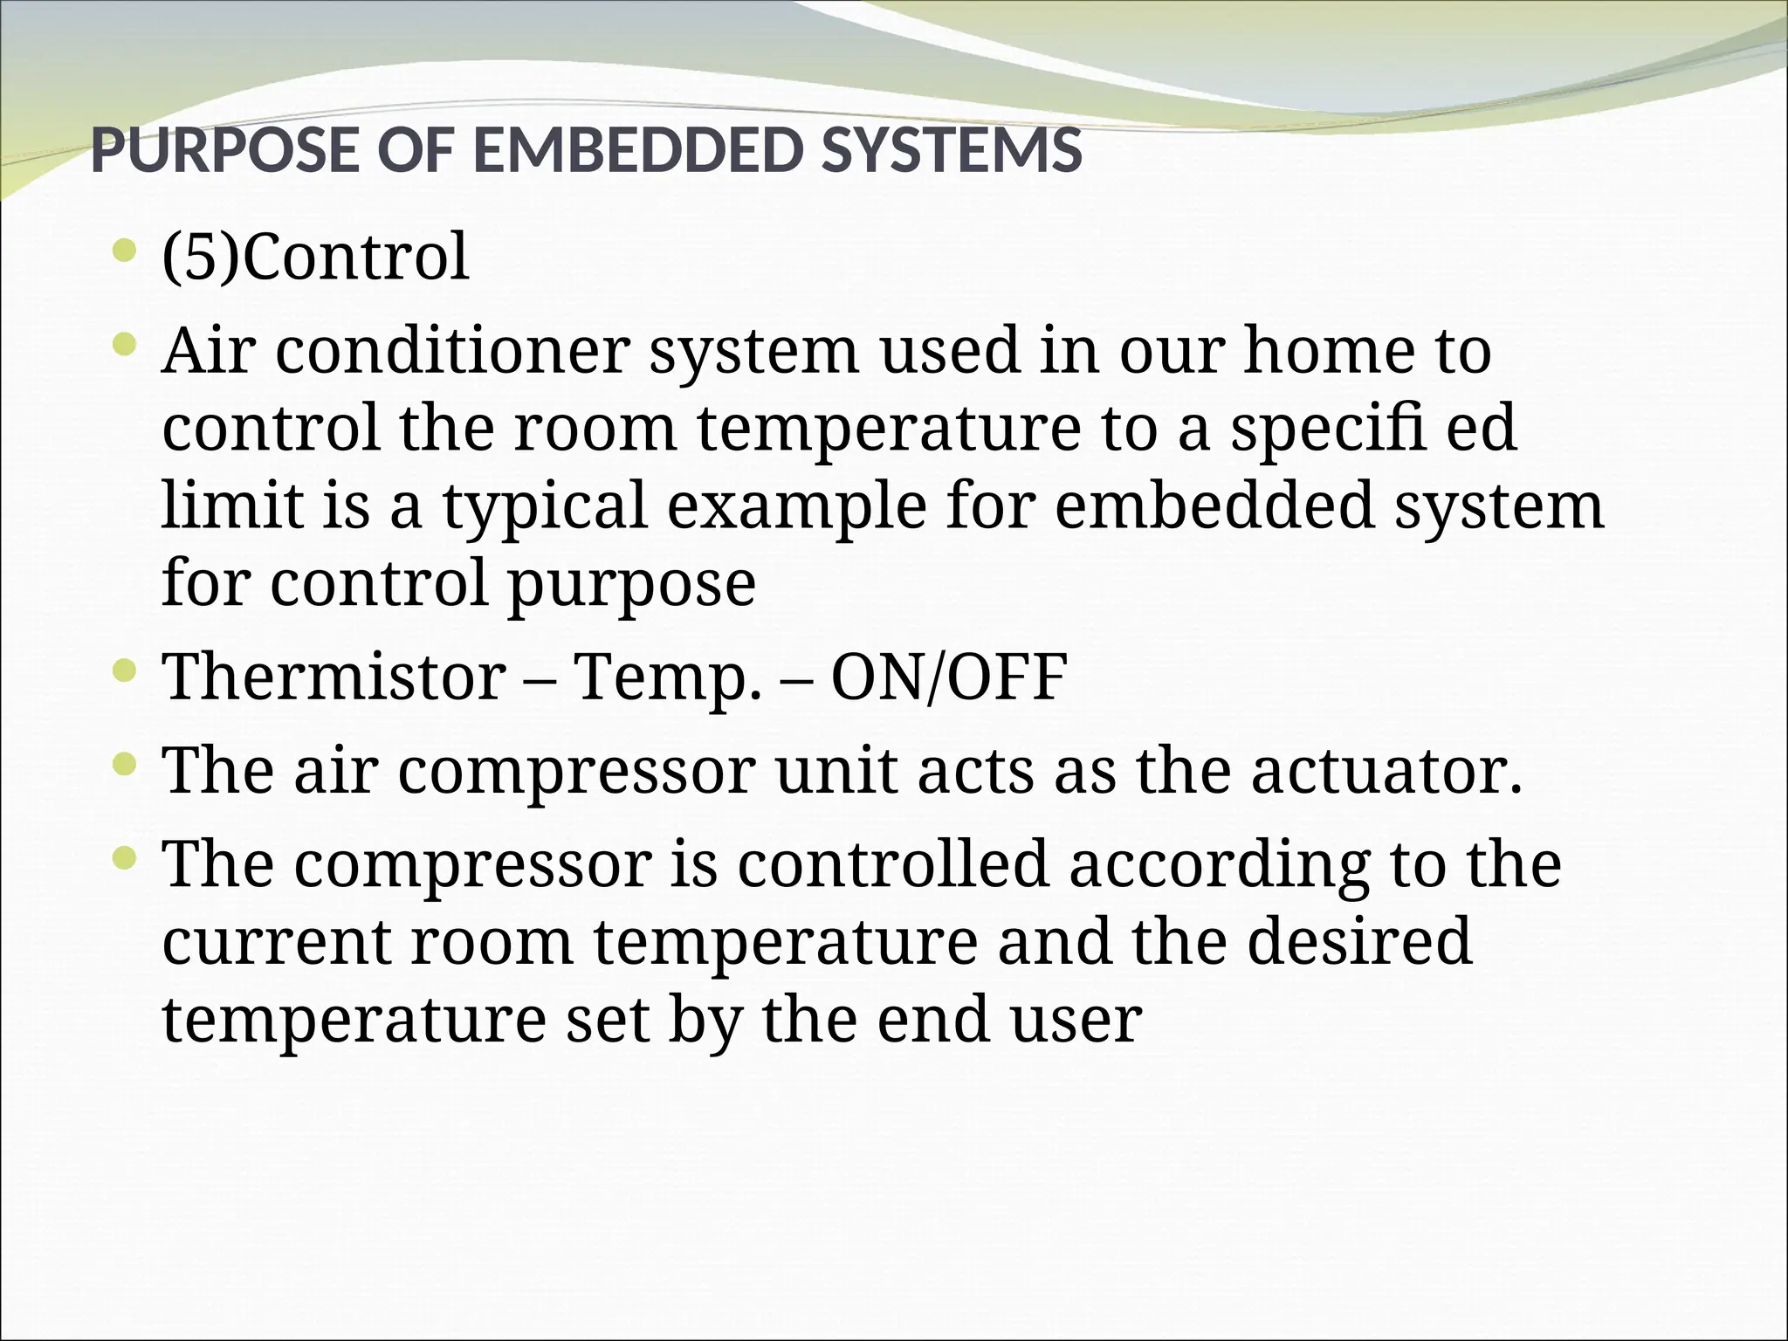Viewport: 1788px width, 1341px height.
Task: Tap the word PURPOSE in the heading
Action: click(223, 150)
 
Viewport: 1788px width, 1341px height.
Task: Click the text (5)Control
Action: click(315, 258)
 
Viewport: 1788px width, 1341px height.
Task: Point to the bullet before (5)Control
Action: click(125, 253)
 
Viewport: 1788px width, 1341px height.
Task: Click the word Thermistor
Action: click(334, 677)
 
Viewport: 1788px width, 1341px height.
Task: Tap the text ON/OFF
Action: click(948, 677)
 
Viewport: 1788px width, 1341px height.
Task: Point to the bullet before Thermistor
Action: click(125, 671)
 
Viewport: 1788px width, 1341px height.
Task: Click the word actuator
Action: click(1386, 772)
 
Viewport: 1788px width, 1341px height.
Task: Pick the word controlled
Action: click(891, 864)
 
